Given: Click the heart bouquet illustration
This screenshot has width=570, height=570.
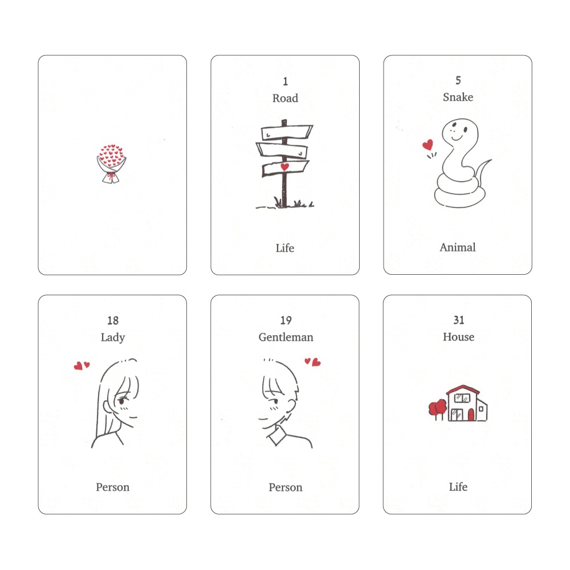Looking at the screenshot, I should pyautogui.click(x=112, y=164).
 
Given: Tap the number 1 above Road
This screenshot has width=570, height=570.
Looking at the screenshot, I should pyautogui.click(x=285, y=82).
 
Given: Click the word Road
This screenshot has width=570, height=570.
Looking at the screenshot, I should pyautogui.click(x=285, y=98).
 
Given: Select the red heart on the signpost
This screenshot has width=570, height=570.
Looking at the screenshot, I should pyautogui.click(x=284, y=166).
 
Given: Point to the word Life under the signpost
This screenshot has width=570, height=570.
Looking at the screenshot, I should pyautogui.click(x=285, y=248).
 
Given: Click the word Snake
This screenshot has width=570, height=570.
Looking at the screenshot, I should pyautogui.click(x=458, y=97).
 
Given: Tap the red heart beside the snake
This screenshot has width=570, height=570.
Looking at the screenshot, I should pyautogui.click(x=427, y=145).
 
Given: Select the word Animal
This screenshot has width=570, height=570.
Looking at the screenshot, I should pyautogui.click(x=458, y=247).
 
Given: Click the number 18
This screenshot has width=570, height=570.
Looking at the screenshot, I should pyautogui.click(x=112, y=321).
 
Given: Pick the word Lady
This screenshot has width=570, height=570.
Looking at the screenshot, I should pyautogui.click(x=112, y=337).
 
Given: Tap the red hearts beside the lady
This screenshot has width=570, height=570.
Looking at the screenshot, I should pyautogui.click(x=82, y=365).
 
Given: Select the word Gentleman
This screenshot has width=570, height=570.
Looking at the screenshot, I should pyautogui.click(x=286, y=337).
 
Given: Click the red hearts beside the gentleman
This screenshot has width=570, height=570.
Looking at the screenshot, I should pyautogui.click(x=312, y=361).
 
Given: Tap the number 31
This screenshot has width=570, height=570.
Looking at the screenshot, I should pyautogui.click(x=458, y=321).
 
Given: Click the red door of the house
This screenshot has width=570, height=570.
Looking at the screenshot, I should pyautogui.click(x=471, y=414).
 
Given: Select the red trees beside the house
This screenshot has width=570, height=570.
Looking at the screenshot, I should pyautogui.click(x=438, y=407).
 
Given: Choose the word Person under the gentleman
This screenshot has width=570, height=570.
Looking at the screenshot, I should pyautogui.click(x=286, y=487).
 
